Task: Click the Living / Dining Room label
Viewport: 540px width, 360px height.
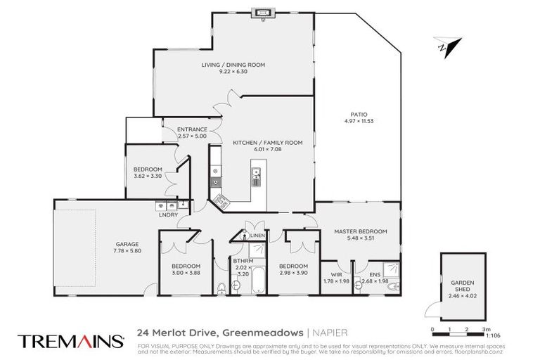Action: (233, 65)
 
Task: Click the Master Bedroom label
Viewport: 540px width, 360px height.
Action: (360, 231)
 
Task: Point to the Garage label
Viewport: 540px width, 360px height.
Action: (127, 244)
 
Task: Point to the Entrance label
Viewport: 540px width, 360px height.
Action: (192, 129)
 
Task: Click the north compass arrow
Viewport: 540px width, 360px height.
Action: (444, 46)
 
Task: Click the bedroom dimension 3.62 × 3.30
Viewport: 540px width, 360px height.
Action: (148, 175)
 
